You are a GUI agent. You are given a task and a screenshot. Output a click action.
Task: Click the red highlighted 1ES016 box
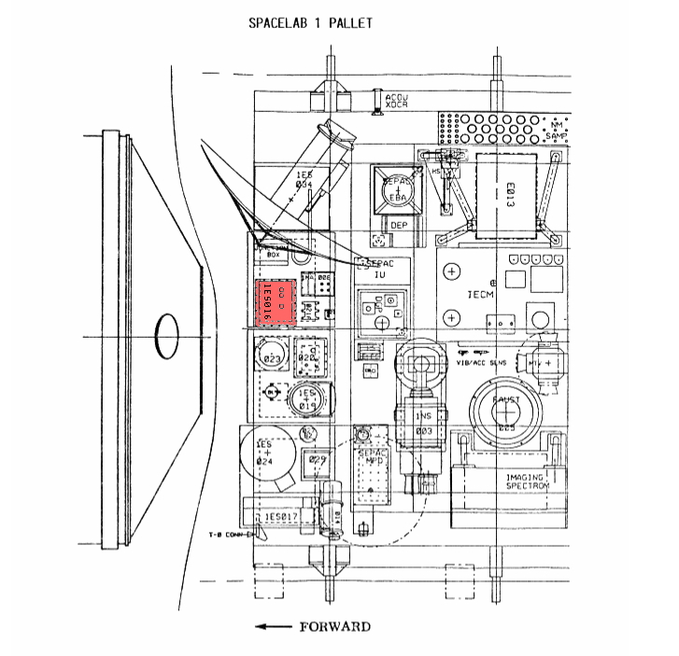pyautogui.click(x=276, y=301)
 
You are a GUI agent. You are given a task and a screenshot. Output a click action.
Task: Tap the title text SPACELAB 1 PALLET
pyautogui.click(x=309, y=22)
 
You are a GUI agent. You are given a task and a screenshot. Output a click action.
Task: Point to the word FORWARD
pyautogui.click(x=333, y=626)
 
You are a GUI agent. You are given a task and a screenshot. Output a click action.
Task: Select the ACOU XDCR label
pyautogui.click(x=398, y=102)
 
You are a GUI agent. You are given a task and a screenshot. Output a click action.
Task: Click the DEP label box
pyautogui.click(x=396, y=225)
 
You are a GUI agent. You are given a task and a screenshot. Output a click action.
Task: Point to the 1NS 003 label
pyautogui.click(x=425, y=425)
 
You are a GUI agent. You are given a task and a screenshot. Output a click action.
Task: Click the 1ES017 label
pyautogui.click(x=280, y=516)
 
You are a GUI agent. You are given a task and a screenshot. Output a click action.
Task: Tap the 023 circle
pyautogui.click(x=274, y=358)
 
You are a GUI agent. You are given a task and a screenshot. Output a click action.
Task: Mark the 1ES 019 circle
pyautogui.click(x=307, y=399)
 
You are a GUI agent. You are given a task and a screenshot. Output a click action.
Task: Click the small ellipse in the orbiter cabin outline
pyautogui.click(x=166, y=334)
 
